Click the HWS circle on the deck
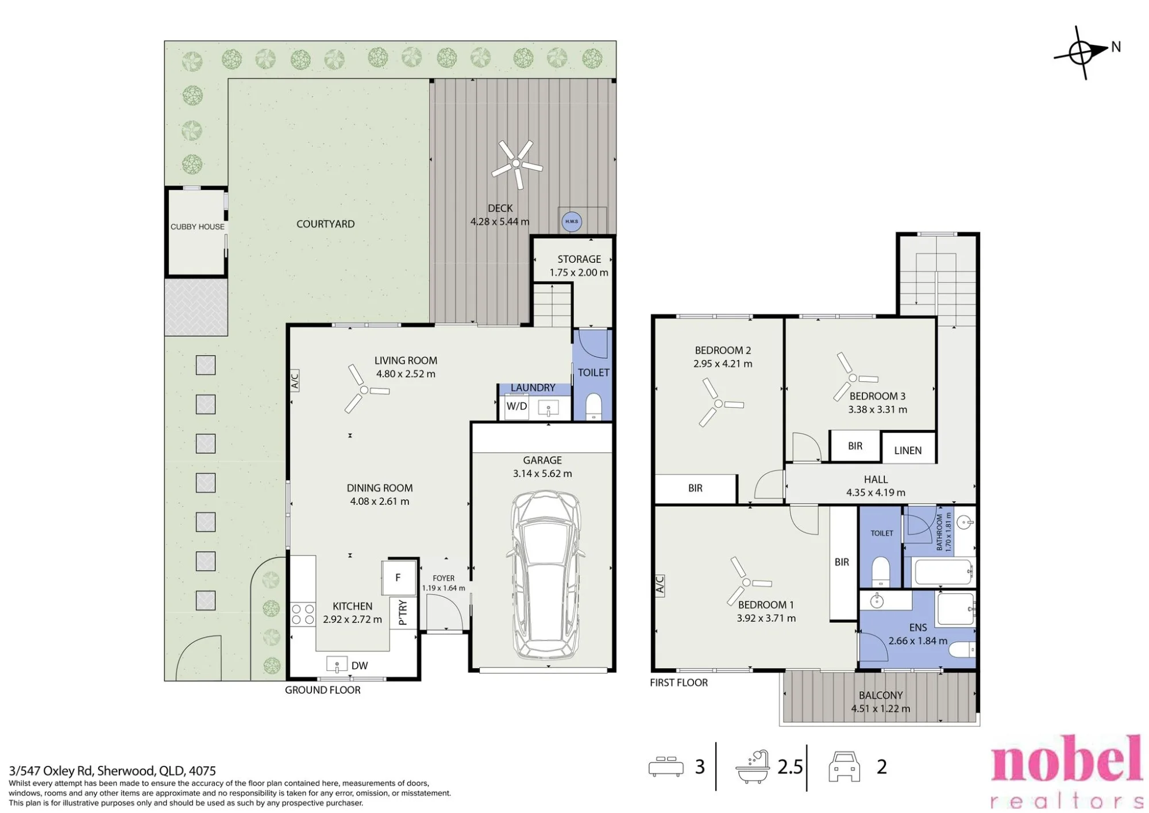pos(571,221)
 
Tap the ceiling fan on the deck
pos(516,164)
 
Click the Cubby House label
pos(198,227)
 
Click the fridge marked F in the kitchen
pos(398,578)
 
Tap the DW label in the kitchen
pos(360,666)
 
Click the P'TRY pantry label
pos(403,612)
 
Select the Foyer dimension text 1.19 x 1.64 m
pos(444,588)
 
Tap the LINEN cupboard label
pos(908,451)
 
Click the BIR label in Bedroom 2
pos(695,488)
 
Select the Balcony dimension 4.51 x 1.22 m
pos(881,709)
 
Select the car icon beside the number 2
pos(844,766)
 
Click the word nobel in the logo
pos(1067,759)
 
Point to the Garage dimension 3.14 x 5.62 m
pos(542,474)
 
